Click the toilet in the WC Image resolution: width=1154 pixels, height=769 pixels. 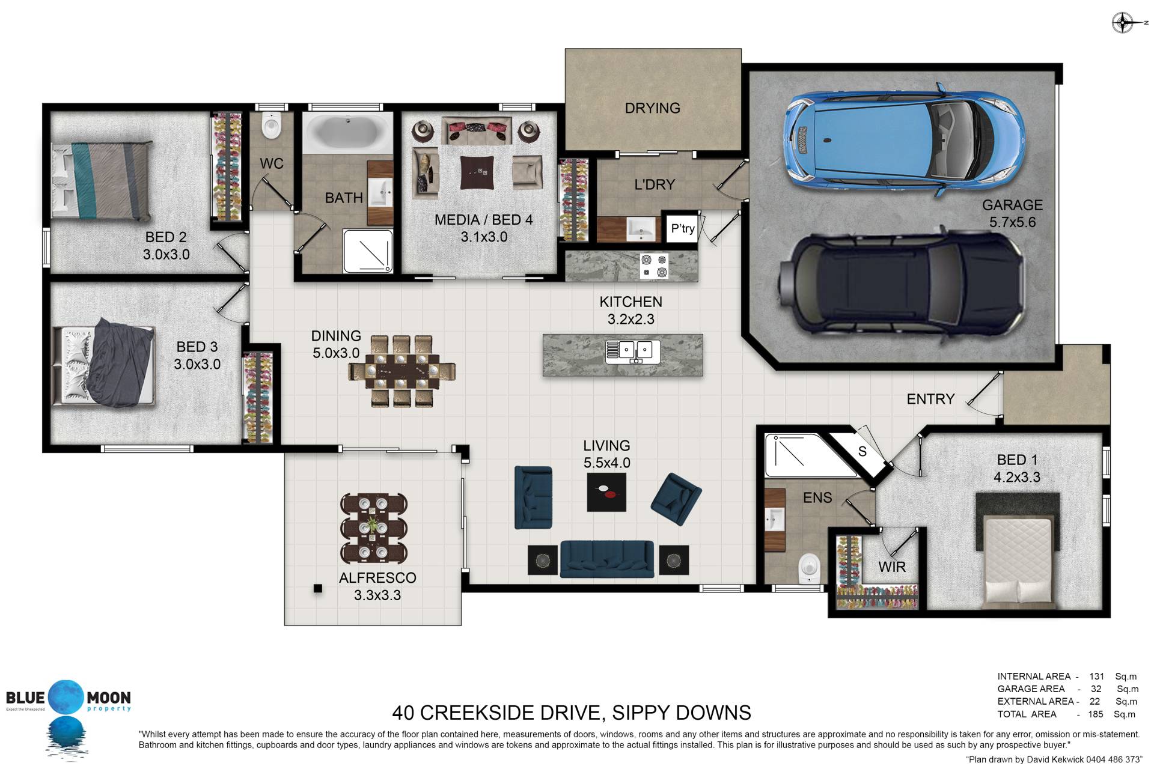click(x=272, y=125)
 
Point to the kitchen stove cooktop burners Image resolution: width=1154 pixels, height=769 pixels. click(x=654, y=266)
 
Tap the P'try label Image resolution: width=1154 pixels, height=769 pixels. click(x=683, y=228)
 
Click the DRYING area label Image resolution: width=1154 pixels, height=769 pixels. click(x=652, y=108)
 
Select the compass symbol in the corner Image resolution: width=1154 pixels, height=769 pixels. click(x=1123, y=23)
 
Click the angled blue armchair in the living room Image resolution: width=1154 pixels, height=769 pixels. click(x=676, y=499)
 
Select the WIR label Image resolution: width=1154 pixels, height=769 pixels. click(x=891, y=567)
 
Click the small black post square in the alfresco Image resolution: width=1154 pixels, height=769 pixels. click(x=317, y=589)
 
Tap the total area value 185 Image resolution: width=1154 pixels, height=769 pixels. click(x=1095, y=714)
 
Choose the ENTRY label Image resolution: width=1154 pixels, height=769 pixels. click(x=930, y=399)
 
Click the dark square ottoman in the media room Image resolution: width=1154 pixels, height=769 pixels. click(x=477, y=172)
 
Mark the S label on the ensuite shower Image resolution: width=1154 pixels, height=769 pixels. click(x=862, y=452)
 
